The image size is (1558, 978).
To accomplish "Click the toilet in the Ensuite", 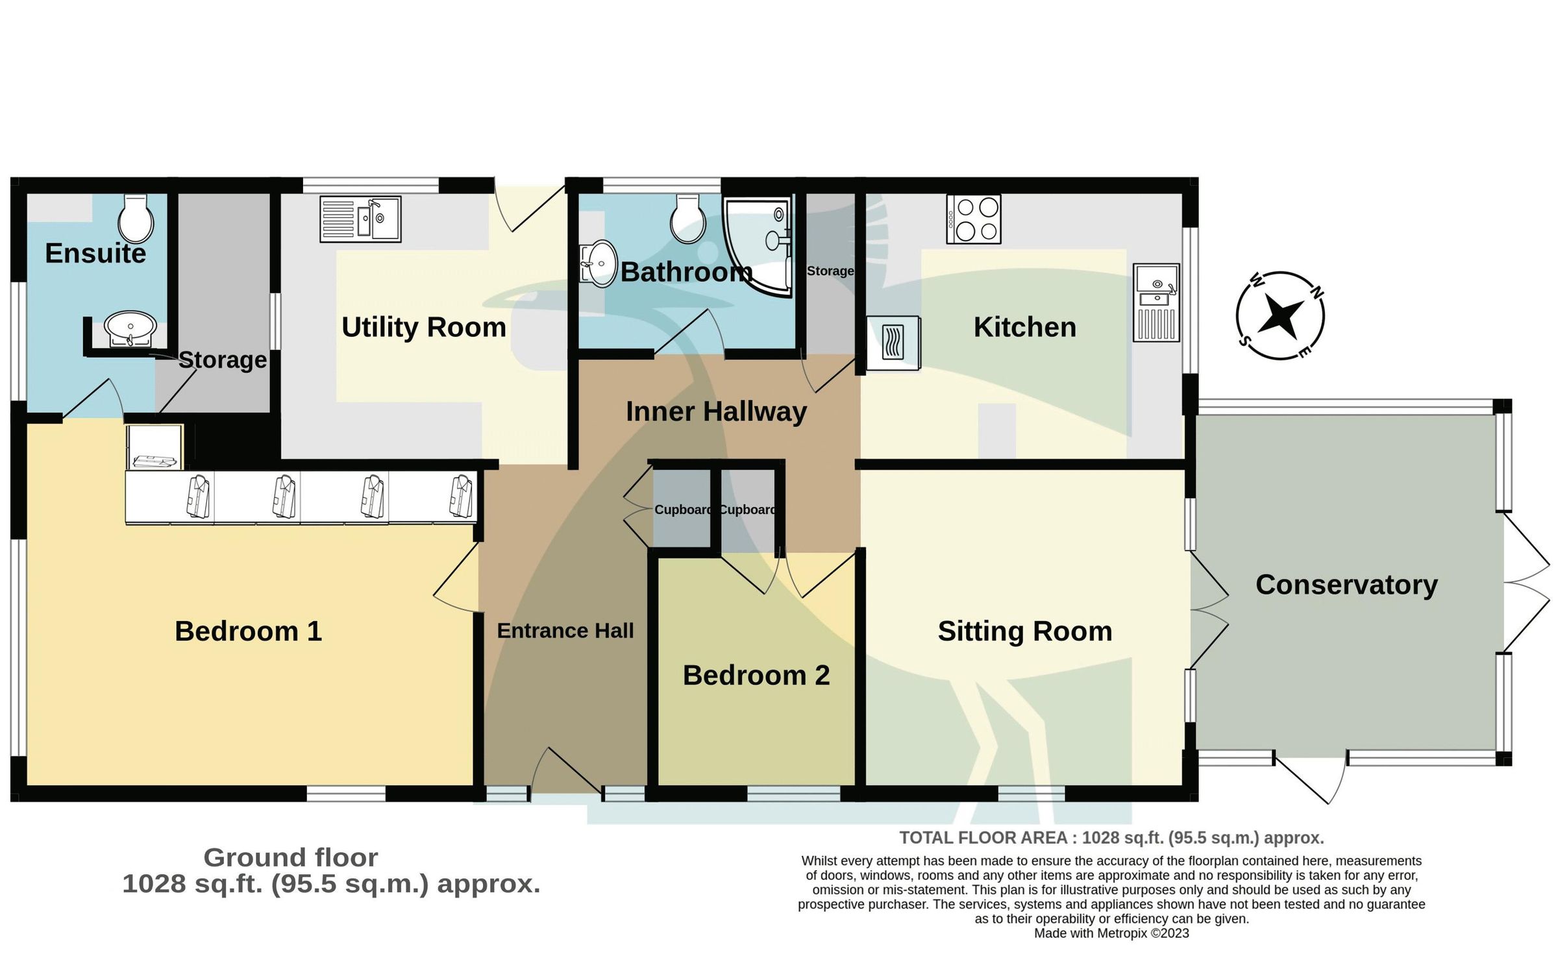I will pyautogui.click(x=136, y=219).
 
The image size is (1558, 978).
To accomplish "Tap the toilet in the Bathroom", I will pyautogui.click(x=687, y=219).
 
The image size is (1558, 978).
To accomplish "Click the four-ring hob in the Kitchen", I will pyautogui.click(x=973, y=219).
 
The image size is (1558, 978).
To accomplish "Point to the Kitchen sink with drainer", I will pyautogui.click(x=1156, y=302).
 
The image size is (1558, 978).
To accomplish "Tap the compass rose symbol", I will pyautogui.click(x=1280, y=315).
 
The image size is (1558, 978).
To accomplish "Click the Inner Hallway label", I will pyautogui.click(x=716, y=411).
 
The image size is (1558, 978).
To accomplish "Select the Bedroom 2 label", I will pyautogui.click(x=756, y=676).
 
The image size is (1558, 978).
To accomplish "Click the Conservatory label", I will pyautogui.click(x=1346, y=585).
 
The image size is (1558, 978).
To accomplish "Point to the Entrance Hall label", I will pyautogui.click(x=565, y=631).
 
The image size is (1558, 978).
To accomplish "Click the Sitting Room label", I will pyautogui.click(x=1024, y=631).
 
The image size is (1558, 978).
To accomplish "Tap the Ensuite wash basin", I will pyautogui.click(x=130, y=328).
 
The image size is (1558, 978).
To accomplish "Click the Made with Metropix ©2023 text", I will pyautogui.click(x=1111, y=933).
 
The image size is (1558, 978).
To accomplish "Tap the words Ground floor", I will pyautogui.click(x=290, y=857).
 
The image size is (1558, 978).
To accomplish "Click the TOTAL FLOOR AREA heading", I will pyautogui.click(x=1111, y=838).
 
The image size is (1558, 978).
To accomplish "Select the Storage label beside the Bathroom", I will pyautogui.click(x=830, y=271).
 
